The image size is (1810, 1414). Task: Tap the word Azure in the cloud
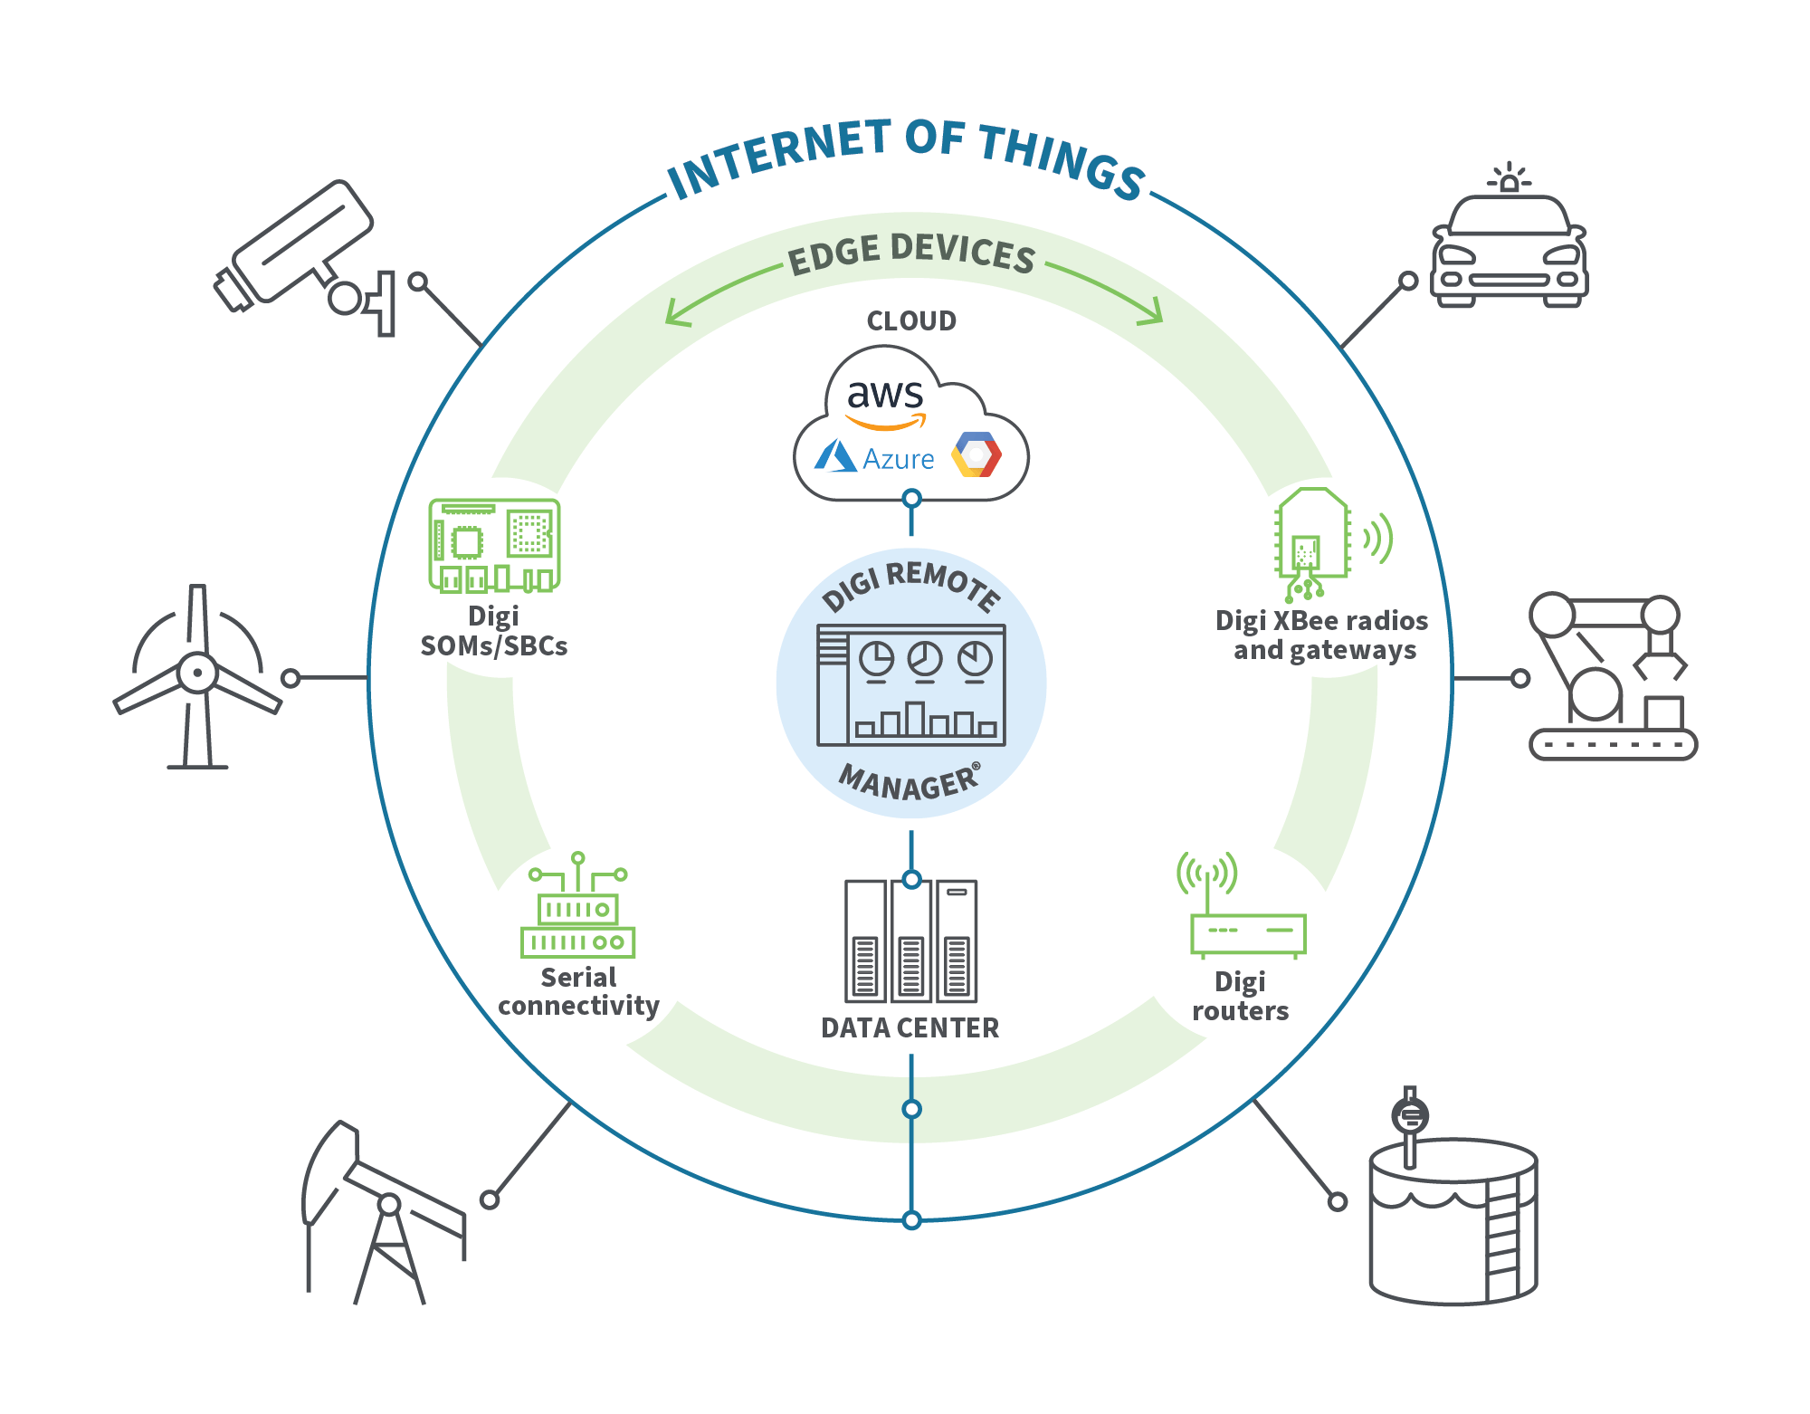898,459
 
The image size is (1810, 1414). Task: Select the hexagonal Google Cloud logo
976,454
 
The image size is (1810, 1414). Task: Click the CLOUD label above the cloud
911,321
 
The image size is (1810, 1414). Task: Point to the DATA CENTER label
910,1028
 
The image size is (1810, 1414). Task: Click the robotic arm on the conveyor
1611,674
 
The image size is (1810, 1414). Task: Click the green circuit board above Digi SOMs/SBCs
494,545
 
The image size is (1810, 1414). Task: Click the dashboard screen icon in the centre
911,685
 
